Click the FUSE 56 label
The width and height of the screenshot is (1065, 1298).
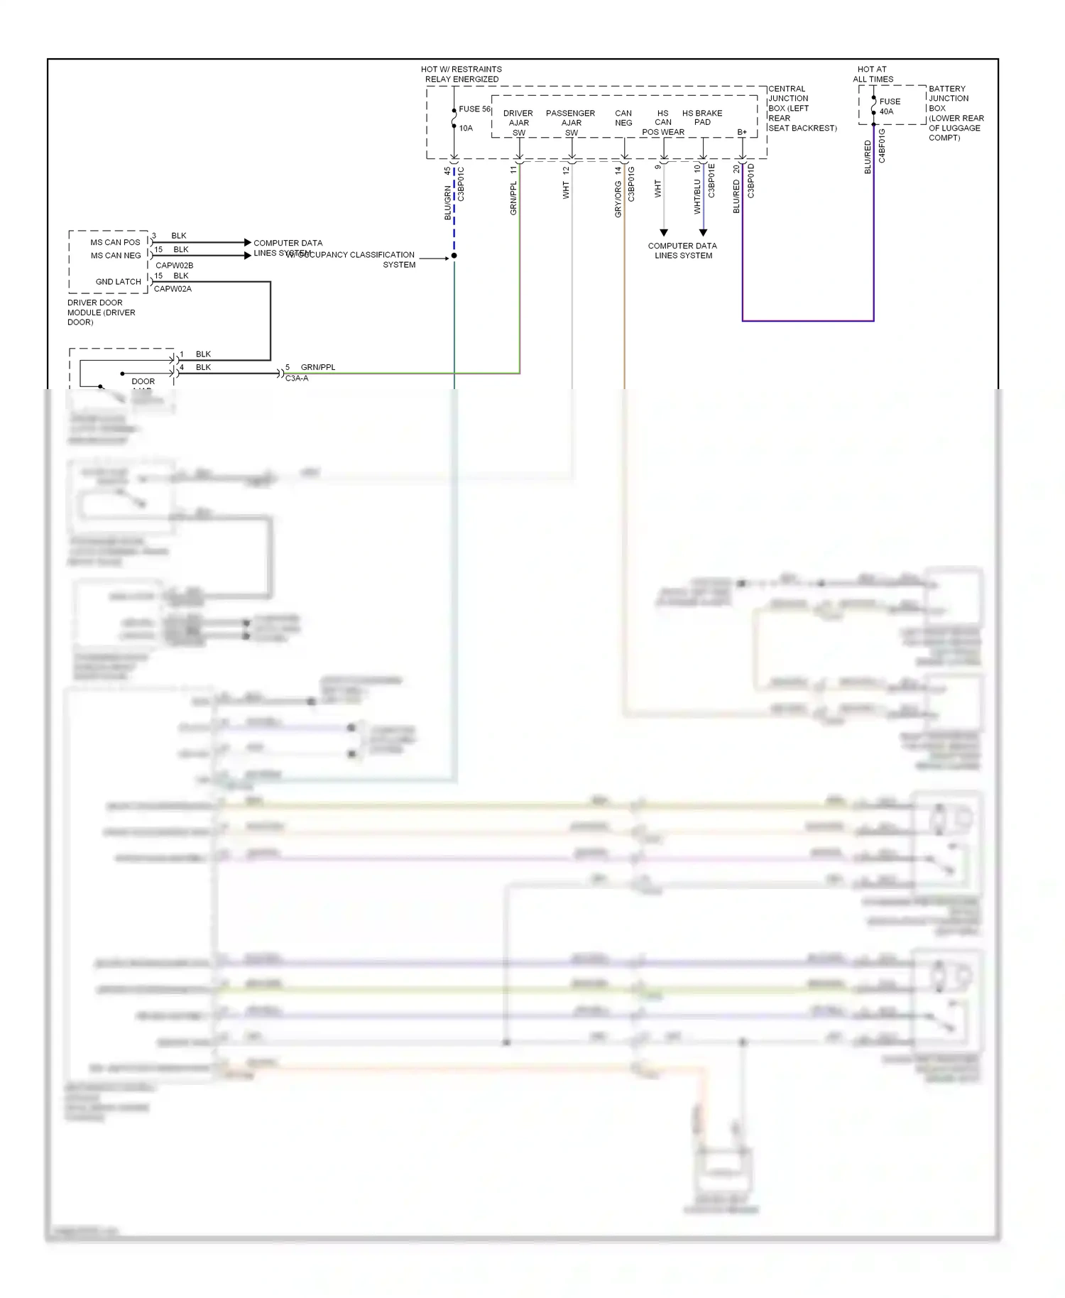pos(474,109)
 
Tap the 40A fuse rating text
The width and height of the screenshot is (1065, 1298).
pos(886,111)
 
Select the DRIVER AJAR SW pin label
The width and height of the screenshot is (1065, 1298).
pos(518,123)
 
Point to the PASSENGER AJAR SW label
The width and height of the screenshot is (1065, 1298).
pos(571,123)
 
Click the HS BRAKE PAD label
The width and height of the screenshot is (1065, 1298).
pos(701,117)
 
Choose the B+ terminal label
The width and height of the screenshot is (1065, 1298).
pos(741,132)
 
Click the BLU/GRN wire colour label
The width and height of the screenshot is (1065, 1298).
pos(447,202)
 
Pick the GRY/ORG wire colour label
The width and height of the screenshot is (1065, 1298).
pos(618,199)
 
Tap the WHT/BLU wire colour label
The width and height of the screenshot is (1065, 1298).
pos(697,197)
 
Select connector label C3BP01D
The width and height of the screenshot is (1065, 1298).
pos(750,181)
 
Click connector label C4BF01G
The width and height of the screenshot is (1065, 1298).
pos(882,146)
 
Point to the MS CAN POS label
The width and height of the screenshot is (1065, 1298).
pos(115,242)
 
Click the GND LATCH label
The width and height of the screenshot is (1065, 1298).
pos(118,282)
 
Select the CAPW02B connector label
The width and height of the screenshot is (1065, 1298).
pos(174,266)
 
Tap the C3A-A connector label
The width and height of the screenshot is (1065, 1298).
pos(297,378)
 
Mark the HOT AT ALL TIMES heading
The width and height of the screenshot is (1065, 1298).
pos(873,74)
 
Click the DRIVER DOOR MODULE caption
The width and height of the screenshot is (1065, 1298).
pos(101,312)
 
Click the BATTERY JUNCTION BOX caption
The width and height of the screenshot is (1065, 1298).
pos(955,113)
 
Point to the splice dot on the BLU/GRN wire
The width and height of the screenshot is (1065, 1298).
pos(454,256)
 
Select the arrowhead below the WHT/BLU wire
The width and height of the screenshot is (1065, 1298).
pos(703,232)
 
